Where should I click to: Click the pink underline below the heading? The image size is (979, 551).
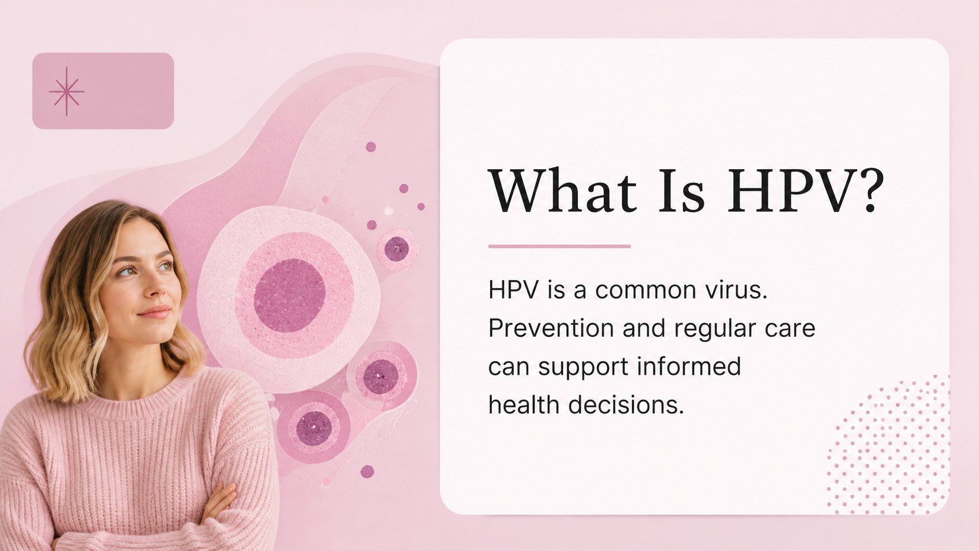click(x=559, y=247)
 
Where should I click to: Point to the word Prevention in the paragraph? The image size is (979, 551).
click(x=551, y=328)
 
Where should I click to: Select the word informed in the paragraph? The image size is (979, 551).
click(x=689, y=366)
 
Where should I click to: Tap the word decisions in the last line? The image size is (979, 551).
click(x=626, y=405)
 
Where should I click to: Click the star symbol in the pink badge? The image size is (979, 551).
click(x=66, y=91)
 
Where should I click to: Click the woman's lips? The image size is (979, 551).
click(x=154, y=312)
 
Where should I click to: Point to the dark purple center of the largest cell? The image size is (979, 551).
click(x=289, y=296)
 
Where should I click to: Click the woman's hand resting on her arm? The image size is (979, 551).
click(x=221, y=502)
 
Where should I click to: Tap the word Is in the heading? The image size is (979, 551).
click(x=682, y=191)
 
